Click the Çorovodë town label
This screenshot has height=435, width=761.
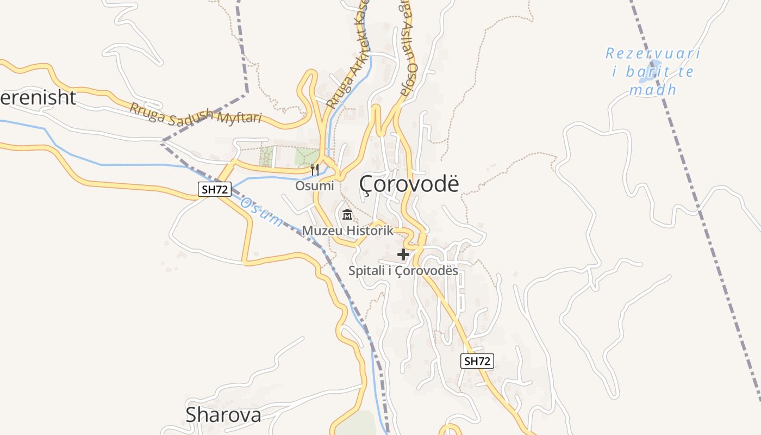pos(409,184)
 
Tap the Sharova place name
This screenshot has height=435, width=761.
pos(223,415)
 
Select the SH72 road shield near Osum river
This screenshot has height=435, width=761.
pos(214,189)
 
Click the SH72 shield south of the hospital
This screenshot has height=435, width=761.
pos(477,361)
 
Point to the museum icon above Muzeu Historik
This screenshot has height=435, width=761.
pos(347,215)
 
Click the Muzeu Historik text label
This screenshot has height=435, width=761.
pos(347,231)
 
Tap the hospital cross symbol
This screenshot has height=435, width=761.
pos(403,254)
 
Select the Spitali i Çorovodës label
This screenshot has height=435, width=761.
pos(403,270)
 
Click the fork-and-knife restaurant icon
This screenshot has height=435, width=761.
pos(314,170)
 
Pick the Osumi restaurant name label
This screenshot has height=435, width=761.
pos(314,185)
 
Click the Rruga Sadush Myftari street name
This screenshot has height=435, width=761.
pos(195,113)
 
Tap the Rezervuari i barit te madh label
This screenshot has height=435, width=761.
pos(653,71)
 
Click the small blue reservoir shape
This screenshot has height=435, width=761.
pos(650,73)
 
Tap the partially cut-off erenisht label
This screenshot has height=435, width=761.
pos(38,97)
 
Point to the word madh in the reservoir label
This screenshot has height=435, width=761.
pos(653,90)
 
